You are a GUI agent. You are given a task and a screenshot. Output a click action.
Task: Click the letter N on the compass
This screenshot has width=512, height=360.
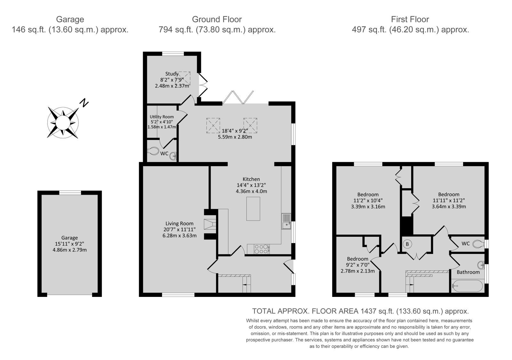(84, 103)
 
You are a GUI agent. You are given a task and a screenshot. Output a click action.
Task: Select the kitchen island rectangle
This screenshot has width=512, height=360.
(253, 209)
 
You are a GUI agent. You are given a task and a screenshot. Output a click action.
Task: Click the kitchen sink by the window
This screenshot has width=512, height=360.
(286, 221)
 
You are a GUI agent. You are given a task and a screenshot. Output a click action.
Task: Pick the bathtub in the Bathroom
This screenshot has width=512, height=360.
(468, 286)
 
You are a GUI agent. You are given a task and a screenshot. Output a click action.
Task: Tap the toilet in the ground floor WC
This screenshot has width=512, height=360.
(153, 151)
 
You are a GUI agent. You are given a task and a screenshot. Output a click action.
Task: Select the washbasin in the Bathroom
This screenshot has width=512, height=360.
(481, 265)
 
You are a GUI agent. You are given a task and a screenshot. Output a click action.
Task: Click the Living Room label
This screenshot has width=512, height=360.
(180, 224)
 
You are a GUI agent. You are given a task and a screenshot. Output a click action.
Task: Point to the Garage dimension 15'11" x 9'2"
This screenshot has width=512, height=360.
(69, 244)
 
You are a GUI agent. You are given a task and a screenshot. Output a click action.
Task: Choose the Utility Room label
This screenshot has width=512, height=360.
(162, 117)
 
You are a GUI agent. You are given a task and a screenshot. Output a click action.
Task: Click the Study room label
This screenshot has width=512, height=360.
(172, 74)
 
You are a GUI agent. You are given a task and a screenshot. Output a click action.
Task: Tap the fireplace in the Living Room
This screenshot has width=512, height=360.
(210, 225)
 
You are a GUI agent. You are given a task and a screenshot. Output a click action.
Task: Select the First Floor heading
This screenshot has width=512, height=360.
(410, 20)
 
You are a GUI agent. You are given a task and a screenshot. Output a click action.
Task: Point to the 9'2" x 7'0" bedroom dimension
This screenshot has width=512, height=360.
(357, 265)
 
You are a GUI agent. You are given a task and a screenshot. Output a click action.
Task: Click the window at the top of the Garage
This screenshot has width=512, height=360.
(70, 192)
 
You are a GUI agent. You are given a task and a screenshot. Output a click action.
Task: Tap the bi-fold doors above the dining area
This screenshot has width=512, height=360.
(238, 98)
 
